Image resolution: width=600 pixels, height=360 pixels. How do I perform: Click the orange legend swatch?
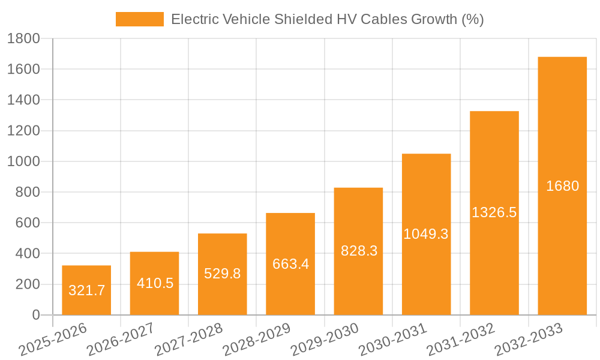(139, 19)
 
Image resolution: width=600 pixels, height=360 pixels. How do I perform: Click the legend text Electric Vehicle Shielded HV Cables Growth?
(327, 19)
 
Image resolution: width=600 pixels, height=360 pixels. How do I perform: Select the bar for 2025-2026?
(86, 290)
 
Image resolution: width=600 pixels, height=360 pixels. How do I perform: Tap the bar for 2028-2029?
(290, 264)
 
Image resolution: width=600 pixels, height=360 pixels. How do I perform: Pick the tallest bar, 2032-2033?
(562, 186)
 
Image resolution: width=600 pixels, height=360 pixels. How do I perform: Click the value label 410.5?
(155, 283)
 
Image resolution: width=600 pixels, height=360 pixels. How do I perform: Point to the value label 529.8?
(223, 274)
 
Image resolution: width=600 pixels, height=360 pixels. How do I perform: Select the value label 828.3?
(359, 251)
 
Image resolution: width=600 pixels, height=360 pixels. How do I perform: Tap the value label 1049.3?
(426, 234)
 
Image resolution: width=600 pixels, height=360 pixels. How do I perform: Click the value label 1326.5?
(494, 212)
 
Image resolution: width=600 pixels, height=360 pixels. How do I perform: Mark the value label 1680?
(562, 186)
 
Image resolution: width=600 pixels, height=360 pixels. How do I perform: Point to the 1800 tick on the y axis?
(23, 39)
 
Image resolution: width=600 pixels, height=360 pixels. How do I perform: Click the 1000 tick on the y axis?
(23, 161)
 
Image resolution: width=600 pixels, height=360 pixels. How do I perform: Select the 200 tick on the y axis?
(28, 284)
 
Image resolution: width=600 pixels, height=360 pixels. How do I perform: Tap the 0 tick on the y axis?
(36, 315)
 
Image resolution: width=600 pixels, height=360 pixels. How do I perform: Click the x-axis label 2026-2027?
(120, 340)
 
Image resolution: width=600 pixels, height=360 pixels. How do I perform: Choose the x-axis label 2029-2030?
(324, 340)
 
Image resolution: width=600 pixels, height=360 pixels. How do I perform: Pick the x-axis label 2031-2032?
(460, 340)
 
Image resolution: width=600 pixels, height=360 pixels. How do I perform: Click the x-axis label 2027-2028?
(188, 340)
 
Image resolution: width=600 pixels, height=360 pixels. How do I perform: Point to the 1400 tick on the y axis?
(23, 100)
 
